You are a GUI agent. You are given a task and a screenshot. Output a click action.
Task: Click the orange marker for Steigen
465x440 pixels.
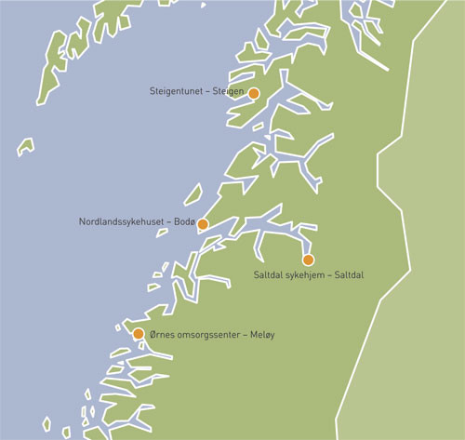point(253,92)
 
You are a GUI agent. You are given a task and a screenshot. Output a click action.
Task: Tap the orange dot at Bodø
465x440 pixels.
point(203,224)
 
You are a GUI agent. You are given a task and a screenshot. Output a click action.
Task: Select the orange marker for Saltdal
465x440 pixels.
point(308,260)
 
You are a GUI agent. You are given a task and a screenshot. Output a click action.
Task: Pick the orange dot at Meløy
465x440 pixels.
point(139,334)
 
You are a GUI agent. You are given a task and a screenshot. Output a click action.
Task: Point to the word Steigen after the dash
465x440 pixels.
point(229,92)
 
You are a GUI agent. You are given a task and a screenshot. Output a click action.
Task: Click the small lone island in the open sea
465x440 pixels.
point(26,146)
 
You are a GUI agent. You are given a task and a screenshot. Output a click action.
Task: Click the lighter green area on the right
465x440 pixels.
point(418,279)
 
